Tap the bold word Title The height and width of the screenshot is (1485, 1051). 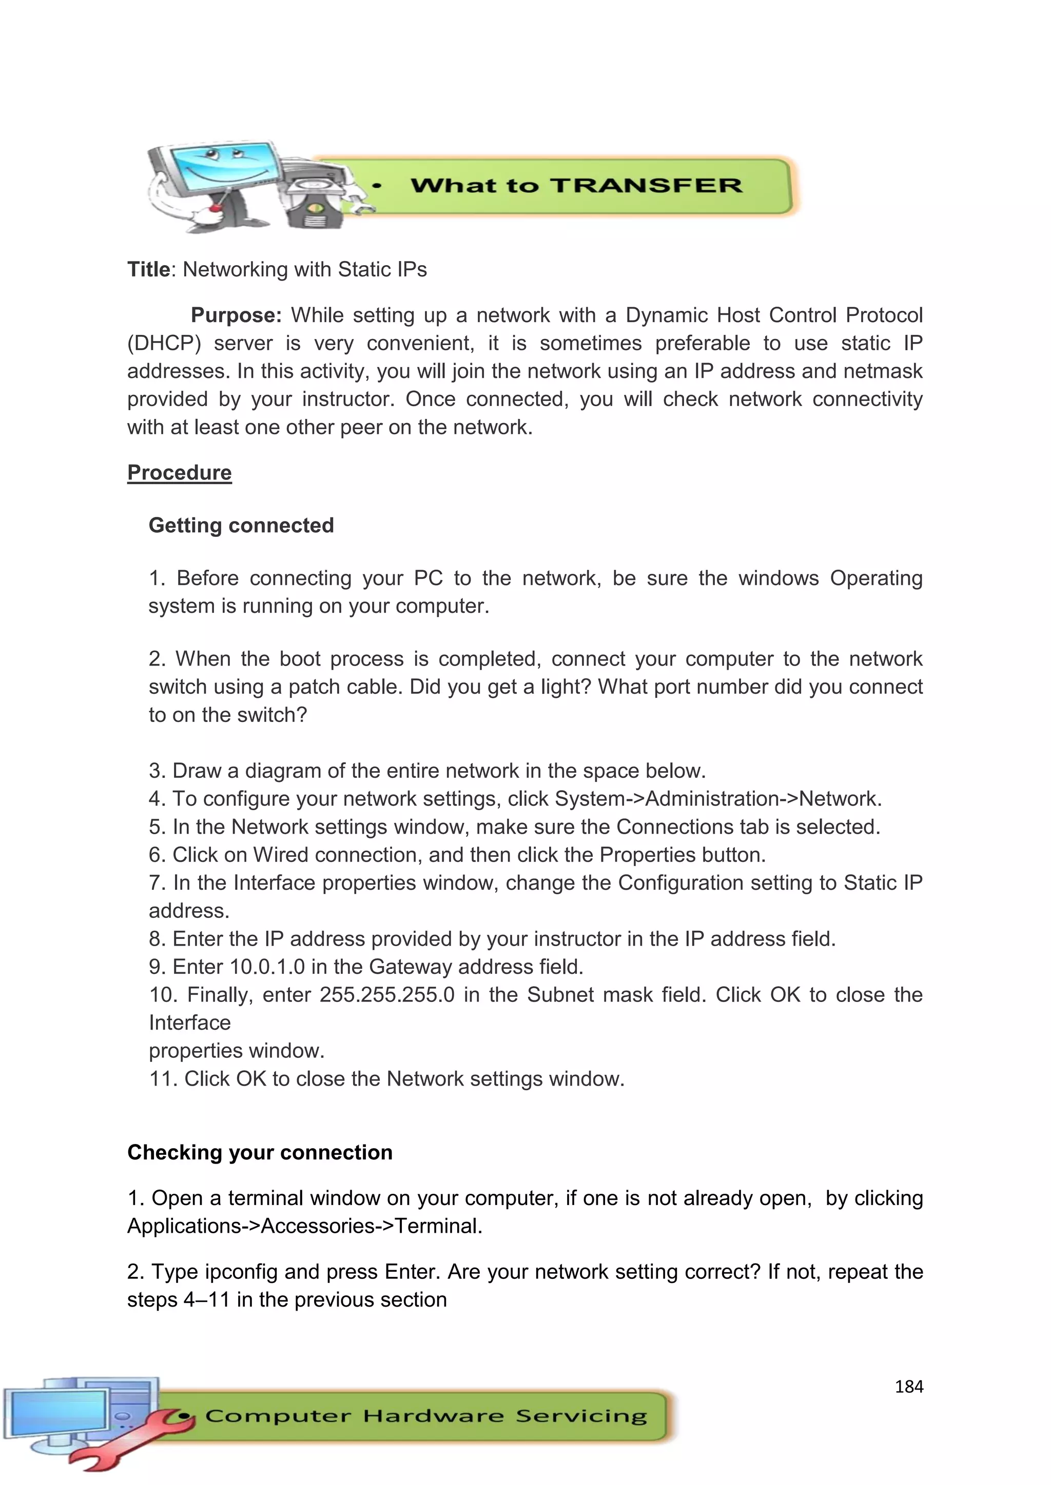[x=148, y=269]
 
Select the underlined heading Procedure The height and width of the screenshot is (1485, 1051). [x=179, y=473]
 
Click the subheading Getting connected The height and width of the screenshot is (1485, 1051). [x=241, y=525]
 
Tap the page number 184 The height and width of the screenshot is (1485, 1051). [x=909, y=1387]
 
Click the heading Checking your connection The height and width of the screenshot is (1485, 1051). [x=260, y=1153]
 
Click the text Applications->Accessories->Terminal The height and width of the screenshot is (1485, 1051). [x=304, y=1226]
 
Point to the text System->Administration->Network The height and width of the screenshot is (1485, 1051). [x=718, y=799]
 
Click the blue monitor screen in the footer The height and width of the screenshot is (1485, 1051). [x=58, y=1414]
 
